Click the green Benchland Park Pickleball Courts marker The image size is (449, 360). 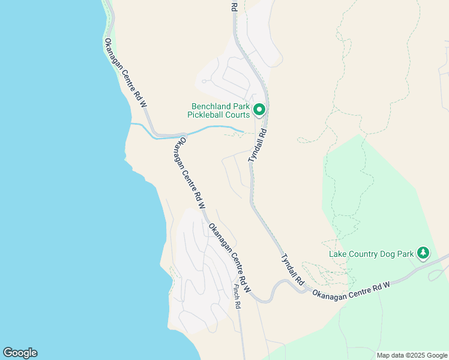[259, 110]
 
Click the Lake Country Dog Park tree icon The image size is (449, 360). [423, 253]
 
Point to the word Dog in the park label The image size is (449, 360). [384, 254]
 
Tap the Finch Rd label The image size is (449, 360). [237, 296]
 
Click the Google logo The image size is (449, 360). [20, 353]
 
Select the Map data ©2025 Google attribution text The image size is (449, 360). [411, 355]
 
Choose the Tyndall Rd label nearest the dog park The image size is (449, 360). [292, 268]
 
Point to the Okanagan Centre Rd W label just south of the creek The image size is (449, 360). [188, 169]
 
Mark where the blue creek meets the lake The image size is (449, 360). [132, 124]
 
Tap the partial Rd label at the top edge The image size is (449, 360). [234, 5]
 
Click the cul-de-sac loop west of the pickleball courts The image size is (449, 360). [205, 81]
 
